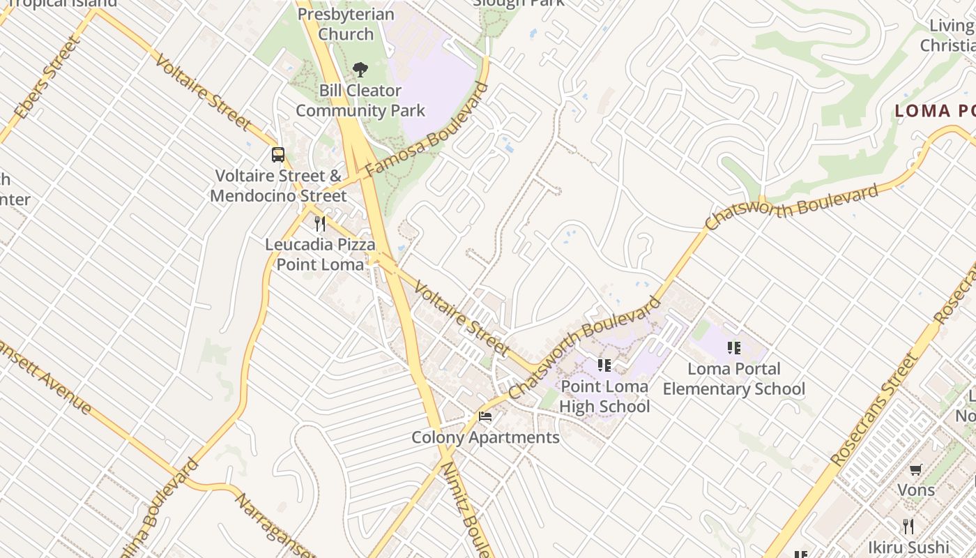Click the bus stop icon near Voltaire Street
pyautogui.click(x=277, y=155)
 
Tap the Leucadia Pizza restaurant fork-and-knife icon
pyautogui.click(x=320, y=224)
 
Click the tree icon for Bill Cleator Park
pyautogui.click(x=360, y=69)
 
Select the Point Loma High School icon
pyautogui.click(x=604, y=365)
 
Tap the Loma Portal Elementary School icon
pyautogui.click(x=733, y=347)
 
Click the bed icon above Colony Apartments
pyautogui.click(x=485, y=416)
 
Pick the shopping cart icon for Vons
pyautogui.click(x=916, y=470)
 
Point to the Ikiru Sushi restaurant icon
pyautogui.click(x=908, y=526)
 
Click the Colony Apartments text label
pyautogui.click(x=485, y=438)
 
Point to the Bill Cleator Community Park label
pyautogui.click(x=360, y=100)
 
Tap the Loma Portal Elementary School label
pyautogui.click(x=733, y=379)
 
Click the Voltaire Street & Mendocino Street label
pyautogui.click(x=277, y=186)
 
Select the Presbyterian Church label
pyautogui.click(x=346, y=24)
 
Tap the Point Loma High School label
pyautogui.click(x=604, y=396)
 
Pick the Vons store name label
pyautogui.click(x=916, y=490)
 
